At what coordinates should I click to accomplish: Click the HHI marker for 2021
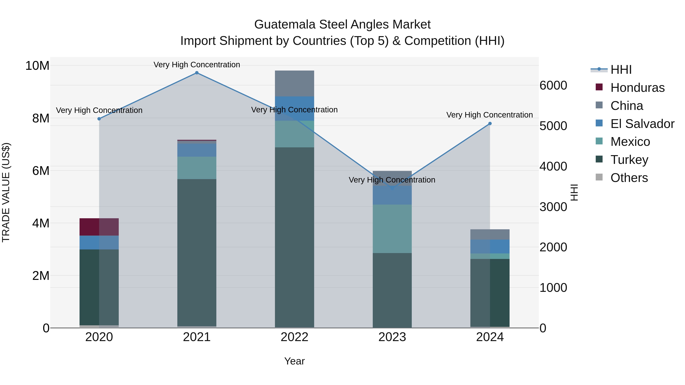click(197, 73)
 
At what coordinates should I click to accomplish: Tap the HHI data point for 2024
click(490, 124)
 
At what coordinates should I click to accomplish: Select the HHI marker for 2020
click(99, 119)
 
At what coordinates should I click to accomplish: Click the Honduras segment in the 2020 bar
click(99, 227)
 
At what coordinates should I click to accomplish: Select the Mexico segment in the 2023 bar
click(392, 229)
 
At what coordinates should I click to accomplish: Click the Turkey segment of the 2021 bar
click(197, 252)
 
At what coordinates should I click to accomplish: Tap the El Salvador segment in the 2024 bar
click(490, 246)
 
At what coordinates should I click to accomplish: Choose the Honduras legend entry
click(637, 88)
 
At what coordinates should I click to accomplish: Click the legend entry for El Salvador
click(642, 124)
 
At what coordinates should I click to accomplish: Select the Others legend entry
click(629, 178)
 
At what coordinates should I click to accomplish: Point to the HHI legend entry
click(621, 70)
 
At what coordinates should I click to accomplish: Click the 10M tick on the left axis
click(37, 66)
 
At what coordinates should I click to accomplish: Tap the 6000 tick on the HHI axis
click(553, 86)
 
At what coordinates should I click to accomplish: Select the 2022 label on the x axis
click(294, 337)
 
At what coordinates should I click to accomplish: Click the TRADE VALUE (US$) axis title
click(6, 192)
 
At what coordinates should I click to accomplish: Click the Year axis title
click(294, 361)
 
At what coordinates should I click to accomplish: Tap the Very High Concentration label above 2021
click(197, 65)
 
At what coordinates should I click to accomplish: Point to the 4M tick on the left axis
click(41, 223)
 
